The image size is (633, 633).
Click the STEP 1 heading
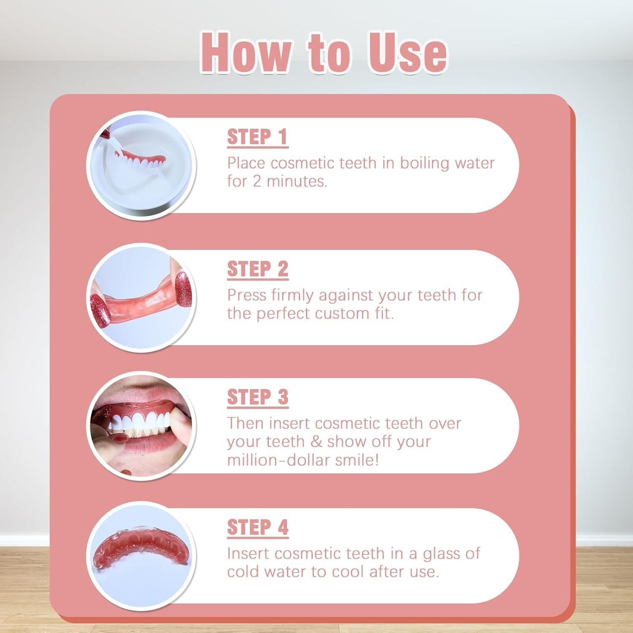coord(257,137)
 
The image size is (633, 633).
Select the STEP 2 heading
coord(257,269)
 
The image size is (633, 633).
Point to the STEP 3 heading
coord(257,398)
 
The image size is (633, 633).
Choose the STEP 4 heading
coord(257,527)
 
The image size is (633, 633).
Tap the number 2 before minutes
coord(257,181)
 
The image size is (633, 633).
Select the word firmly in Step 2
coord(292,295)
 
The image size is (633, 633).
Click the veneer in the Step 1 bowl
coord(141,161)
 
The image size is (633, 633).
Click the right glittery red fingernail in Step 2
coord(183,285)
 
